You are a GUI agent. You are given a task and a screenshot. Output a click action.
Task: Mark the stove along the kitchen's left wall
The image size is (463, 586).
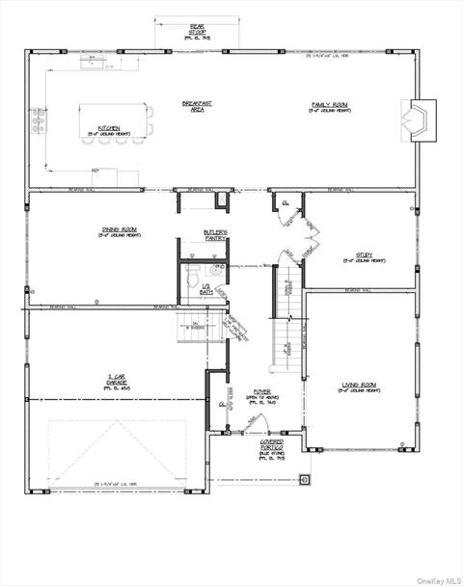click(40, 120)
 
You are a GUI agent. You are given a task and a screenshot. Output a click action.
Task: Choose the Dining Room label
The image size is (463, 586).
click(116, 231)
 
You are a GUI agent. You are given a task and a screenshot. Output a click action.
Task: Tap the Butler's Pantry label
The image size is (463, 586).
click(215, 234)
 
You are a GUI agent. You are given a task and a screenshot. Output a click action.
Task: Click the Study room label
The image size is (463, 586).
click(358, 258)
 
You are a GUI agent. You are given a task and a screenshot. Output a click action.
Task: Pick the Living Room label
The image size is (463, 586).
click(358, 387)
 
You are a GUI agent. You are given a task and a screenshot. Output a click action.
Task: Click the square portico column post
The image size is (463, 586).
click(305, 478)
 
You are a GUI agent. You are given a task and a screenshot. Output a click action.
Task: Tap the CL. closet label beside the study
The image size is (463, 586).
click(286, 203)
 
